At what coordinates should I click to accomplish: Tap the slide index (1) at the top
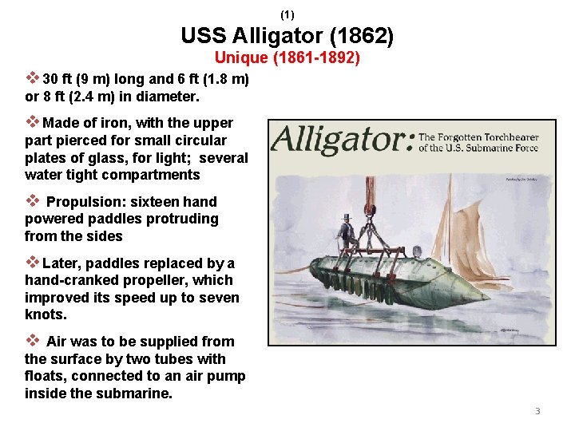point(287,14)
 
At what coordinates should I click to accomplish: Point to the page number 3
point(537,411)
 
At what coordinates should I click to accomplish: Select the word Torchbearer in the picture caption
point(508,137)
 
